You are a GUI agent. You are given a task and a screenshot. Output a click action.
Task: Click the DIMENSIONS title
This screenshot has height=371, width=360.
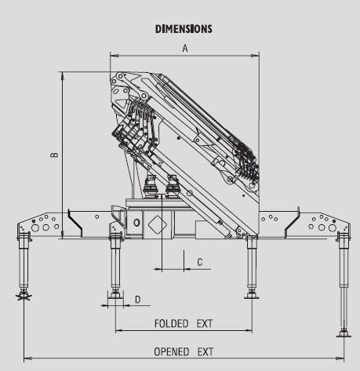184,29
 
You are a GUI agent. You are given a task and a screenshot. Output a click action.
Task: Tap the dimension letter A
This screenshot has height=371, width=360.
185,49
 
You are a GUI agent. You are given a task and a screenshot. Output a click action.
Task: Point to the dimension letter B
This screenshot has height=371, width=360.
54,155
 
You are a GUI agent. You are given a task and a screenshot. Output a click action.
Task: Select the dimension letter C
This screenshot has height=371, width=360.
200,262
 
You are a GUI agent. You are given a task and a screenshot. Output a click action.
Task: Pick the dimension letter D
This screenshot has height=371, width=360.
138,300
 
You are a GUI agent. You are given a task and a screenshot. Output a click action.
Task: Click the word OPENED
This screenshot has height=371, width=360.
172,351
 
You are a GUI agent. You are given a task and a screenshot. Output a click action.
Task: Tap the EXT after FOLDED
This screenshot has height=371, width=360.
205,324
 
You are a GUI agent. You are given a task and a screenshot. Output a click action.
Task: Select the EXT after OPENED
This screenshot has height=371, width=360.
205,351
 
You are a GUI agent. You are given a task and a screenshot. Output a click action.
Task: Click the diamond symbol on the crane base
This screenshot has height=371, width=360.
158,224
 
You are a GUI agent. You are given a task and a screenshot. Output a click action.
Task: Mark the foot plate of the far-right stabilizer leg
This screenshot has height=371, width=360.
344,334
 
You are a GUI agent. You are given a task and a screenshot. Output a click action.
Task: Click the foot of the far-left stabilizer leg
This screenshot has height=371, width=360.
24,296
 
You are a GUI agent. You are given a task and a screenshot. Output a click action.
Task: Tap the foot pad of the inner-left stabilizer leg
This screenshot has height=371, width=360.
115,295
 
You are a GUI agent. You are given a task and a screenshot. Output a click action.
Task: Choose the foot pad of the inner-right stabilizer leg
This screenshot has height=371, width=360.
252,296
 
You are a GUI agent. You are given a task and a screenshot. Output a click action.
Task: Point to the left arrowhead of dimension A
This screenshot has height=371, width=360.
115,56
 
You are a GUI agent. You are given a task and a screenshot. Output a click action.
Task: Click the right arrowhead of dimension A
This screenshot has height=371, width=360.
255,56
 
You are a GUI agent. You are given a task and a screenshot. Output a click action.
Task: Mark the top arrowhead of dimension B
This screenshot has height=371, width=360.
63,76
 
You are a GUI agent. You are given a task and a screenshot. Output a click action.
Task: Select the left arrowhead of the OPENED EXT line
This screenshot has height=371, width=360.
28,358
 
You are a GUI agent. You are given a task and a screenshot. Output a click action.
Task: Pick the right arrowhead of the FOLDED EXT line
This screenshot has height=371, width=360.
248,331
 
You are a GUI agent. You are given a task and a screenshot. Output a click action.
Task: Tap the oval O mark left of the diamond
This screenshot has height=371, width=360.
136,223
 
